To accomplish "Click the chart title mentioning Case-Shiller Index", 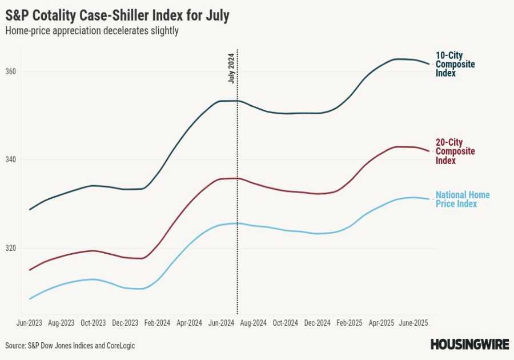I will tap(117, 15).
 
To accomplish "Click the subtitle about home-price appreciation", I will tap(92, 31).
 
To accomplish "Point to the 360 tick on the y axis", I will tap(11, 71).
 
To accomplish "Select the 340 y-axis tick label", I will tap(11, 159).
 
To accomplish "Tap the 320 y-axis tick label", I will tap(11, 248).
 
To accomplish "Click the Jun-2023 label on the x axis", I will tap(30, 323).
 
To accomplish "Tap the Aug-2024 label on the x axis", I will tap(253, 323).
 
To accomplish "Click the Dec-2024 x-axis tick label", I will tap(317, 323).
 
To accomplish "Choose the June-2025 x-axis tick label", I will tap(413, 323).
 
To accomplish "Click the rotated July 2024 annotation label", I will tap(231, 69).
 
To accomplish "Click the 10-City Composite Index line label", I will tap(455, 64).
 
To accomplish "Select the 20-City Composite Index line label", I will tap(455, 151).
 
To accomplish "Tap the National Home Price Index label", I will tap(463, 199).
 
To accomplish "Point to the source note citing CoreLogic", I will tap(70, 346).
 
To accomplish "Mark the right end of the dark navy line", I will tap(429, 64).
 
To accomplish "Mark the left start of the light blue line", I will tap(30, 299).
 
